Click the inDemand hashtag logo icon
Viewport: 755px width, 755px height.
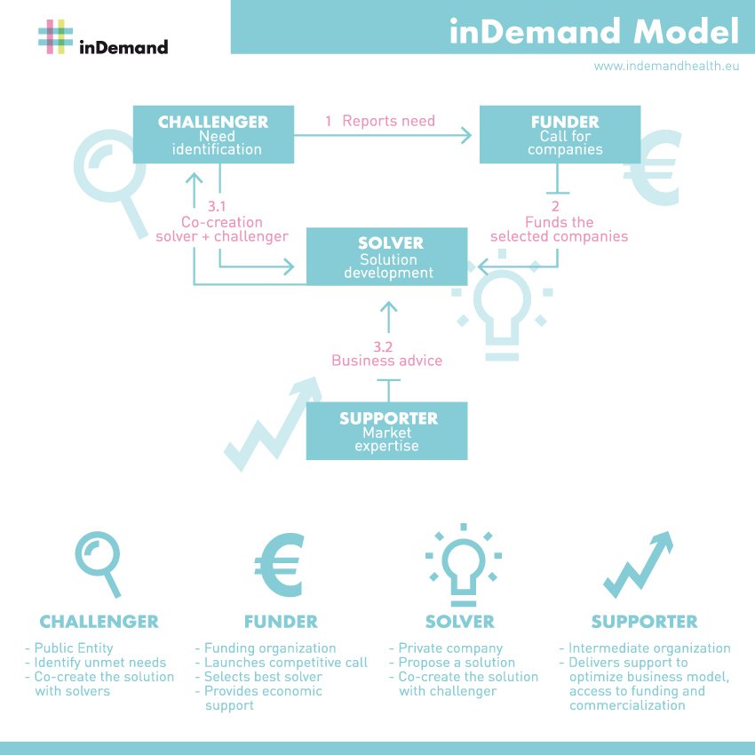[x=55, y=36]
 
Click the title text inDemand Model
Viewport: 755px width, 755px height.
[x=593, y=32]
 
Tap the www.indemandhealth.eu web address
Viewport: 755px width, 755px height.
[x=666, y=66]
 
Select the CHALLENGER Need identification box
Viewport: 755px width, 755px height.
[x=213, y=135]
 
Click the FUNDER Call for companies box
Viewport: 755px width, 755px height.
[x=560, y=135]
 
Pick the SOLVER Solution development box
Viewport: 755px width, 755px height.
[x=386, y=257]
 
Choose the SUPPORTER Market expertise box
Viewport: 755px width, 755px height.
[x=386, y=432]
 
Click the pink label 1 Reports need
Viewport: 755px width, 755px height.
[x=380, y=120]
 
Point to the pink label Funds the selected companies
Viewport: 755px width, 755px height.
[x=559, y=229]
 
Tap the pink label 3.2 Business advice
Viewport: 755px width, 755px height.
[x=386, y=354]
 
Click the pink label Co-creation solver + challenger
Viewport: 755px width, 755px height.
[x=221, y=228]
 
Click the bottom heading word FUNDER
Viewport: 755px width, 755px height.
[x=281, y=622]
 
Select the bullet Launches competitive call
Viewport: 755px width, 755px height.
[x=285, y=663]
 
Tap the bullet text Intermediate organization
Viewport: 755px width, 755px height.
[x=649, y=648]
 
